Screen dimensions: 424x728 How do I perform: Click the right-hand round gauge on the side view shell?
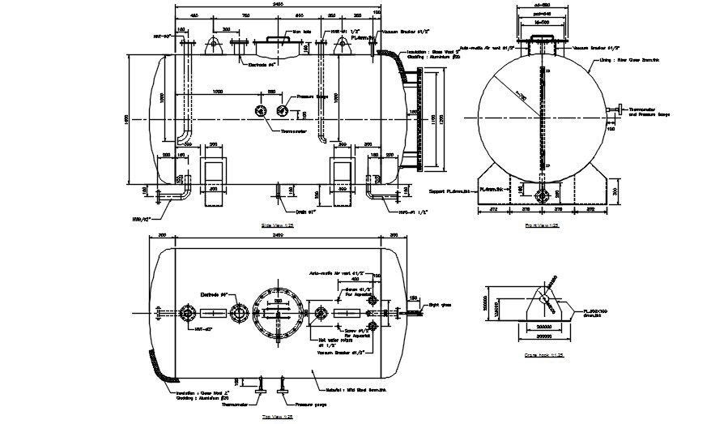point(283,111)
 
